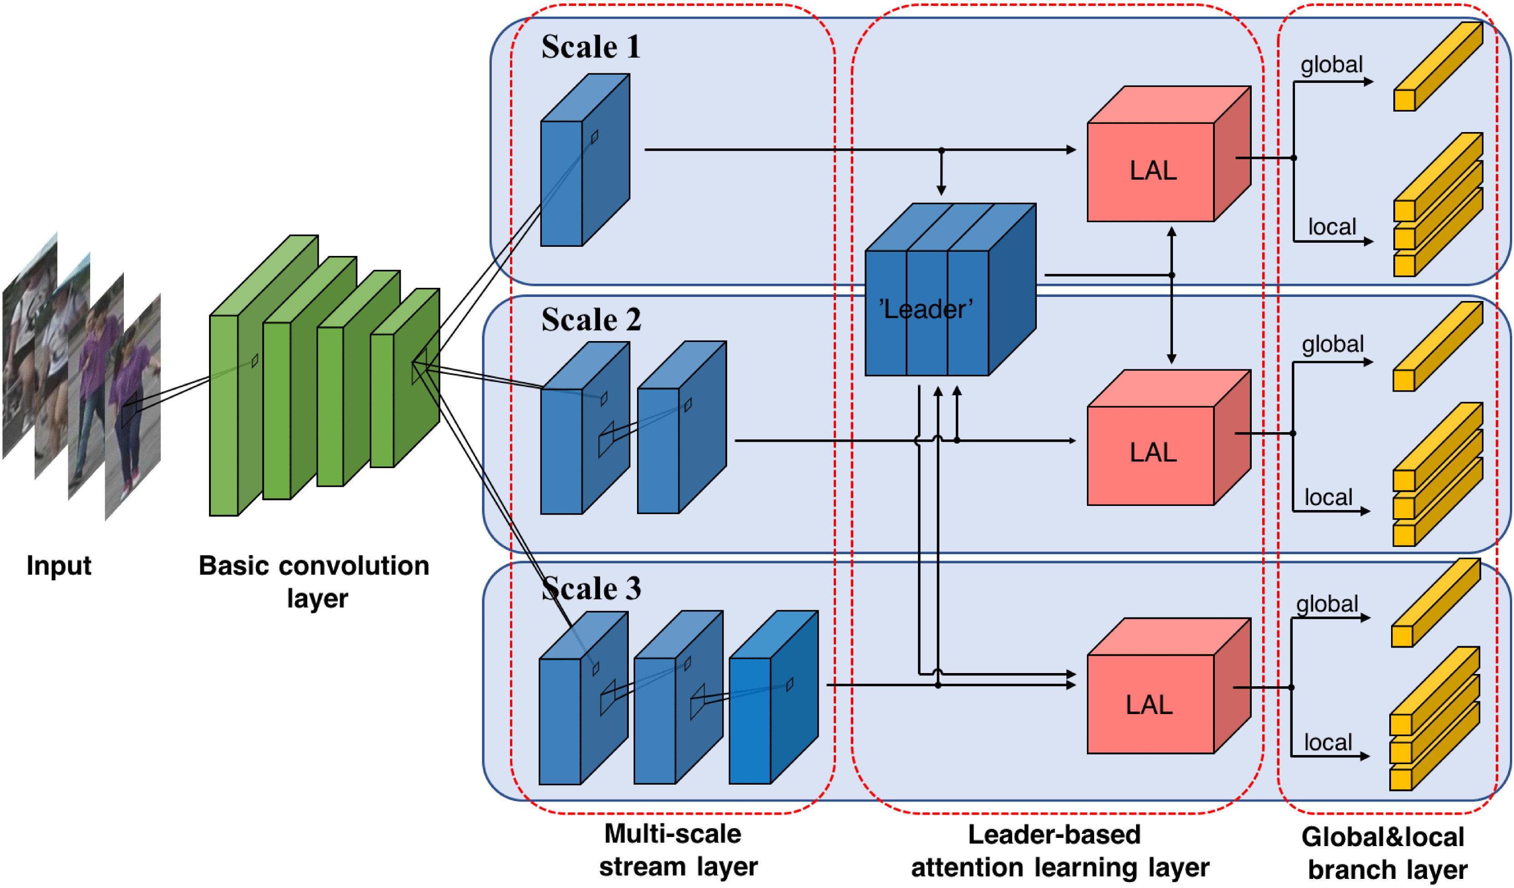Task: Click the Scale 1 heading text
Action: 591,47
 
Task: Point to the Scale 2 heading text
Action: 591,320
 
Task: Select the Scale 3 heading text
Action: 591,588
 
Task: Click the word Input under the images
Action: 59,566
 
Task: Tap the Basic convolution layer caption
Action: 314,582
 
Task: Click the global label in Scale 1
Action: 1331,64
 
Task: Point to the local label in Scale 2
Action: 1328,497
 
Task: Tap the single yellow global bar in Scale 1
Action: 1437,66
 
